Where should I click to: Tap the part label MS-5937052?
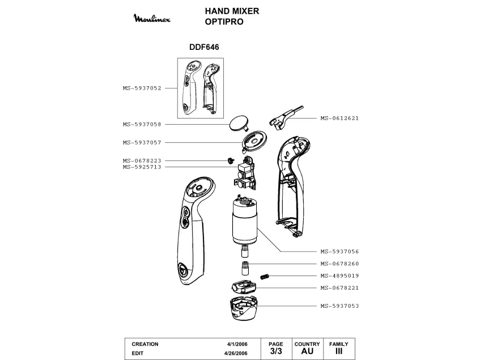pyautogui.click(x=142, y=88)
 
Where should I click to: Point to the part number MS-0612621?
pyautogui.click(x=339, y=118)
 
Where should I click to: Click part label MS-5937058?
pyautogui.click(x=142, y=124)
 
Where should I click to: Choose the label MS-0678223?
pyautogui.click(x=142, y=160)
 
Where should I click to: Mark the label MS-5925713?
pyautogui.click(x=142, y=167)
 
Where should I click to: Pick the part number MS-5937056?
pyautogui.click(x=339, y=251)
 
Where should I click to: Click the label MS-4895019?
pyautogui.click(x=339, y=276)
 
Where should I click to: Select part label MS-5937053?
pyautogui.click(x=339, y=306)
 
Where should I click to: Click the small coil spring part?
pyautogui.click(x=264, y=276)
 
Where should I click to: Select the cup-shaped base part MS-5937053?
pyautogui.click(x=237, y=310)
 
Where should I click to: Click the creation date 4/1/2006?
pyautogui.click(x=236, y=344)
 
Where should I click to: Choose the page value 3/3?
pyautogui.click(x=275, y=351)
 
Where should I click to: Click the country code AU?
pyautogui.click(x=307, y=351)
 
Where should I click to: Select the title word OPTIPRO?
pyautogui.click(x=224, y=22)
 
